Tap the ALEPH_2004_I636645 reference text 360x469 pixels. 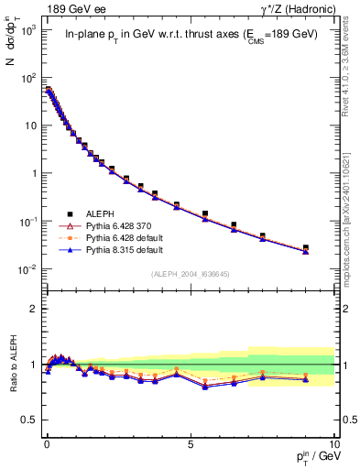pos(190,275)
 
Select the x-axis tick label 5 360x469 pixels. pos(190,443)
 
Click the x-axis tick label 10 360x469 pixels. pos(333,443)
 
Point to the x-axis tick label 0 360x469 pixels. pos(47,443)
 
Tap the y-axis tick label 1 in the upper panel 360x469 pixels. pos(33,173)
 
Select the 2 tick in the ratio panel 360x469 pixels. pos(33,309)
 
